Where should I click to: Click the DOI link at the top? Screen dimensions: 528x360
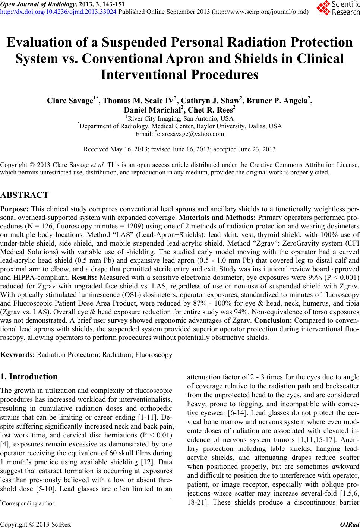(59, 12)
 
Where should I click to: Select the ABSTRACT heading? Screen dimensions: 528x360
(25, 195)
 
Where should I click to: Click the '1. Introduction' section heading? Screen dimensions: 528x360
(29, 376)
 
